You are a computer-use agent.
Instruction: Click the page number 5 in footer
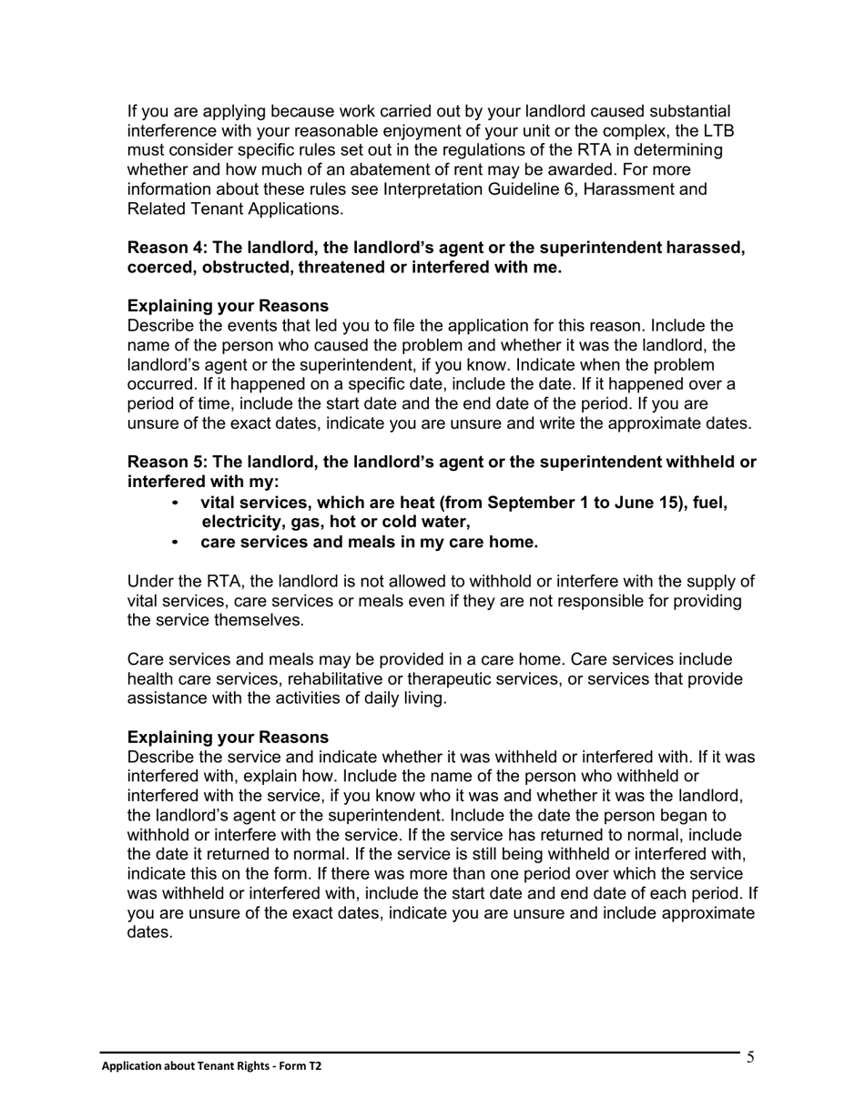750,1057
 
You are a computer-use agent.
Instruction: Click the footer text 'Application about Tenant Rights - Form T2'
211,1065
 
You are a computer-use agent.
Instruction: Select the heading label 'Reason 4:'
168,248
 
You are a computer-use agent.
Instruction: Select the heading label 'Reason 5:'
168,463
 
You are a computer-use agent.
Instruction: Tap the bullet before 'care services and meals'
175,543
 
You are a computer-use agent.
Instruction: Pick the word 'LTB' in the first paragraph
719,131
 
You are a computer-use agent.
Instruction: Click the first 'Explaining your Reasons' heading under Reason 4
228,306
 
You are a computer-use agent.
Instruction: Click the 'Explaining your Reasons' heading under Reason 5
228,737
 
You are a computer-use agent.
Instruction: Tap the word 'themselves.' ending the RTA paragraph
258,620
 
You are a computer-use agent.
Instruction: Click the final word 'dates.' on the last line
149,932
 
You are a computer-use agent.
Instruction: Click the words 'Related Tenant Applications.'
235,209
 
